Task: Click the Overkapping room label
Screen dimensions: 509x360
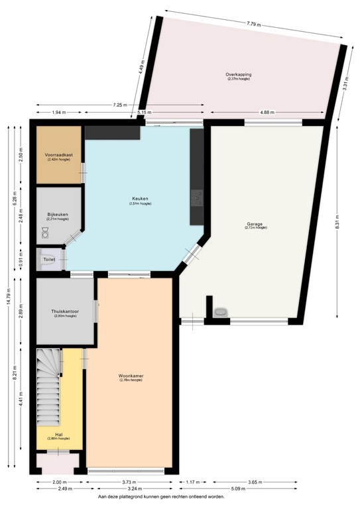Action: [x=238, y=75]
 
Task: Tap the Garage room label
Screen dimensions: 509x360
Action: [x=255, y=225]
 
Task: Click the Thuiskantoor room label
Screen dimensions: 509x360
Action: [x=65, y=311]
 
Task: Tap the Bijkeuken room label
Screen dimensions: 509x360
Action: [x=58, y=215]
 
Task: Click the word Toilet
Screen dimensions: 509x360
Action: [x=49, y=260]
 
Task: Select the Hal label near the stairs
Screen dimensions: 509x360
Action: [x=58, y=435]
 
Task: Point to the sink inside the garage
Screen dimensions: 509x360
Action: [x=221, y=311]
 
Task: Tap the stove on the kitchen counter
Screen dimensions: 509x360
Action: [x=197, y=197]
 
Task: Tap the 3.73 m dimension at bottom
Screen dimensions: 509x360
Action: [x=131, y=482]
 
